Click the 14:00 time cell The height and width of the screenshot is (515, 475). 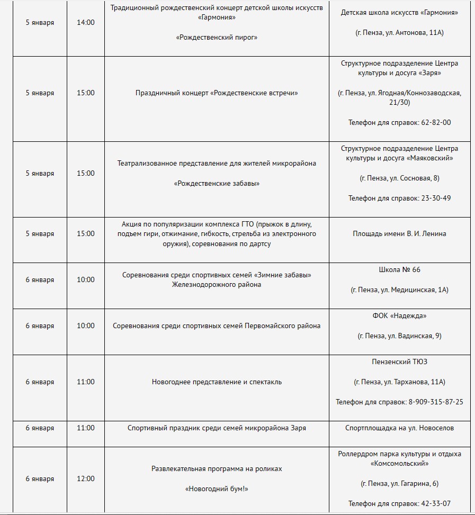click(85, 23)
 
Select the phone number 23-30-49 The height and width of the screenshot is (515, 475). click(436, 198)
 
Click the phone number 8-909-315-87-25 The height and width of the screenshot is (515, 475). click(435, 402)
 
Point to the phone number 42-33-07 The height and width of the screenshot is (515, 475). click(436, 503)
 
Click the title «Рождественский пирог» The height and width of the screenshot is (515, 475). click(217, 38)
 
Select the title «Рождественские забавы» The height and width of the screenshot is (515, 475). click(217, 183)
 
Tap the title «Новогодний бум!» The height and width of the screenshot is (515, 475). click(217, 489)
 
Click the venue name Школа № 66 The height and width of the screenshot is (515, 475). click(399, 269)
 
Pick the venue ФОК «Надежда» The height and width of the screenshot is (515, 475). click(399, 315)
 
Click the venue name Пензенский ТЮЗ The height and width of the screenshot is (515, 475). click(399, 362)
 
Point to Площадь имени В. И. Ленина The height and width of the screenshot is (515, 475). click(399, 233)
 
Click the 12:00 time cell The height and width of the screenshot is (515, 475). click(85, 478)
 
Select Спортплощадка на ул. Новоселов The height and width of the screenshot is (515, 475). click(399, 428)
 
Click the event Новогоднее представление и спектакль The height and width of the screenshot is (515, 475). click(217, 382)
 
